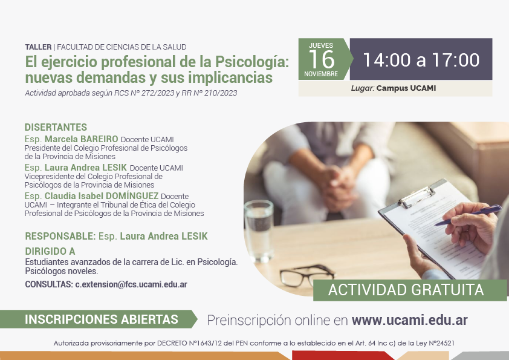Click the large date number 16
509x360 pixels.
322,59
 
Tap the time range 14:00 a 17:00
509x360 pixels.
421,60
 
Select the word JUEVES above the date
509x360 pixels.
321,45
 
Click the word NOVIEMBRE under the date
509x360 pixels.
321,74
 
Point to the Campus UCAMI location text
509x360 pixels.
406,88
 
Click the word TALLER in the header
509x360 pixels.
38,47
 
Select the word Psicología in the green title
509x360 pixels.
252,62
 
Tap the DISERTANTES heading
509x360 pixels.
56,127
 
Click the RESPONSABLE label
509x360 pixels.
60,236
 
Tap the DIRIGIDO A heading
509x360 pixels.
50,251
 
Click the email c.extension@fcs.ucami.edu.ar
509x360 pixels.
131,284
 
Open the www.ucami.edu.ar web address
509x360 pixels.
410,320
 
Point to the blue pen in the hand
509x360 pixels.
468,215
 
